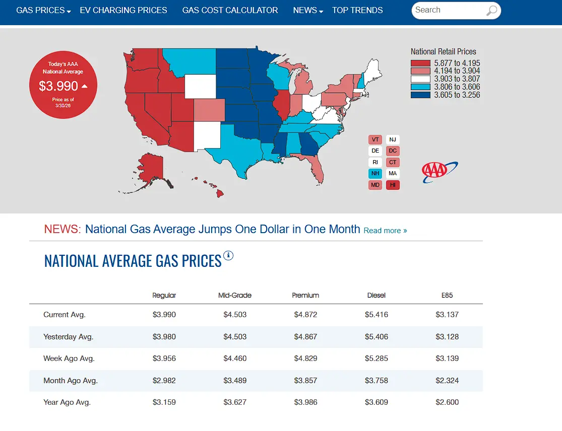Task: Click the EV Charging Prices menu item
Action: click(x=123, y=11)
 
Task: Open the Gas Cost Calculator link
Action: click(x=230, y=11)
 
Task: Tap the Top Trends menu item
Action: click(x=357, y=11)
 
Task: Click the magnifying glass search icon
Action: click(x=491, y=11)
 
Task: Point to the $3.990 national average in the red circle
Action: click(x=58, y=86)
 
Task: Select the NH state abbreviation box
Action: click(x=376, y=174)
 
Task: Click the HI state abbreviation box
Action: click(x=393, y=185)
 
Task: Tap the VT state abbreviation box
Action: click(x=376, y=139)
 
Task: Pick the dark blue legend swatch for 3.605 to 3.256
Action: click(x=420, y=95)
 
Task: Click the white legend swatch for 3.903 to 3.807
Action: click(x=420, y=79)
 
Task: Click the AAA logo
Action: click(x=439, y=172)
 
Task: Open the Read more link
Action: click(x=385, y=231)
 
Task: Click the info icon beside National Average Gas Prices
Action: click(x=228, y=256)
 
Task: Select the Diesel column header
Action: click(x=377, y=296)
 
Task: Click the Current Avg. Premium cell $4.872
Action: click(x=306, y=315)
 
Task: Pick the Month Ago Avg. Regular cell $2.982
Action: click(x=164, y=381)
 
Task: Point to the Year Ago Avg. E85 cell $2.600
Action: click(x=447, y=402)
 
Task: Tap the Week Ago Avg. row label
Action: click(x=69, y=358)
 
